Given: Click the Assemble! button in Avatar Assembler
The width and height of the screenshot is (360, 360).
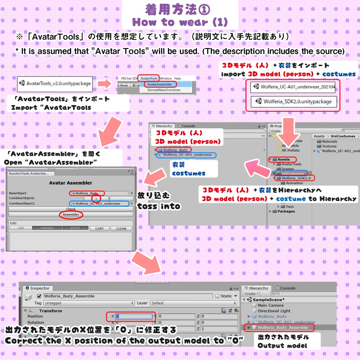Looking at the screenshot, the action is point(71,214).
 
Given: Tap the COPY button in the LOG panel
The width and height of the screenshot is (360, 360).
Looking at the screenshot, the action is point(99,229).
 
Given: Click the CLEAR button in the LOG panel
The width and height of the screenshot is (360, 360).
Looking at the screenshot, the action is point(121,229).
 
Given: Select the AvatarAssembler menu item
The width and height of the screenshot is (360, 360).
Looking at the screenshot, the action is point(159,84).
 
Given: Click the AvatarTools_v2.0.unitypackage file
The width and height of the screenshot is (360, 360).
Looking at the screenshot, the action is point(55,84).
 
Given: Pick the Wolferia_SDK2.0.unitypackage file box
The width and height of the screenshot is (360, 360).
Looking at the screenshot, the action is point(293,102).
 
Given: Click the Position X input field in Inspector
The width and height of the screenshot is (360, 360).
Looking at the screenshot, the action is point(134,316).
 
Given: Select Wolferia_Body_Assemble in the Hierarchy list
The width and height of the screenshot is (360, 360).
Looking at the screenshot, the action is point(283,328).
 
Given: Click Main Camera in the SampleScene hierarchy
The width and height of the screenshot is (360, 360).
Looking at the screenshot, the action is point(270,305).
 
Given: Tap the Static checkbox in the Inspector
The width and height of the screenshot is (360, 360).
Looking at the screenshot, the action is point(217,296).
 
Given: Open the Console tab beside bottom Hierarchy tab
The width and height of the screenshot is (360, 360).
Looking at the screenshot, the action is point(288,288).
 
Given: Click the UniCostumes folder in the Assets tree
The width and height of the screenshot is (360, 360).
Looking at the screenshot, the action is point(292,173).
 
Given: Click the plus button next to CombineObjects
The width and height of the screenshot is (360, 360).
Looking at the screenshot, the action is point(96,198).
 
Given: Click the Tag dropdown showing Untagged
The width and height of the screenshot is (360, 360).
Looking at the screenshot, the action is point(89,303).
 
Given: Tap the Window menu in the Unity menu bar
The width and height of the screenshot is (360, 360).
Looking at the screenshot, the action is point(166,78).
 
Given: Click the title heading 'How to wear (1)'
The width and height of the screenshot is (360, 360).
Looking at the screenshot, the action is point(180,22).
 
